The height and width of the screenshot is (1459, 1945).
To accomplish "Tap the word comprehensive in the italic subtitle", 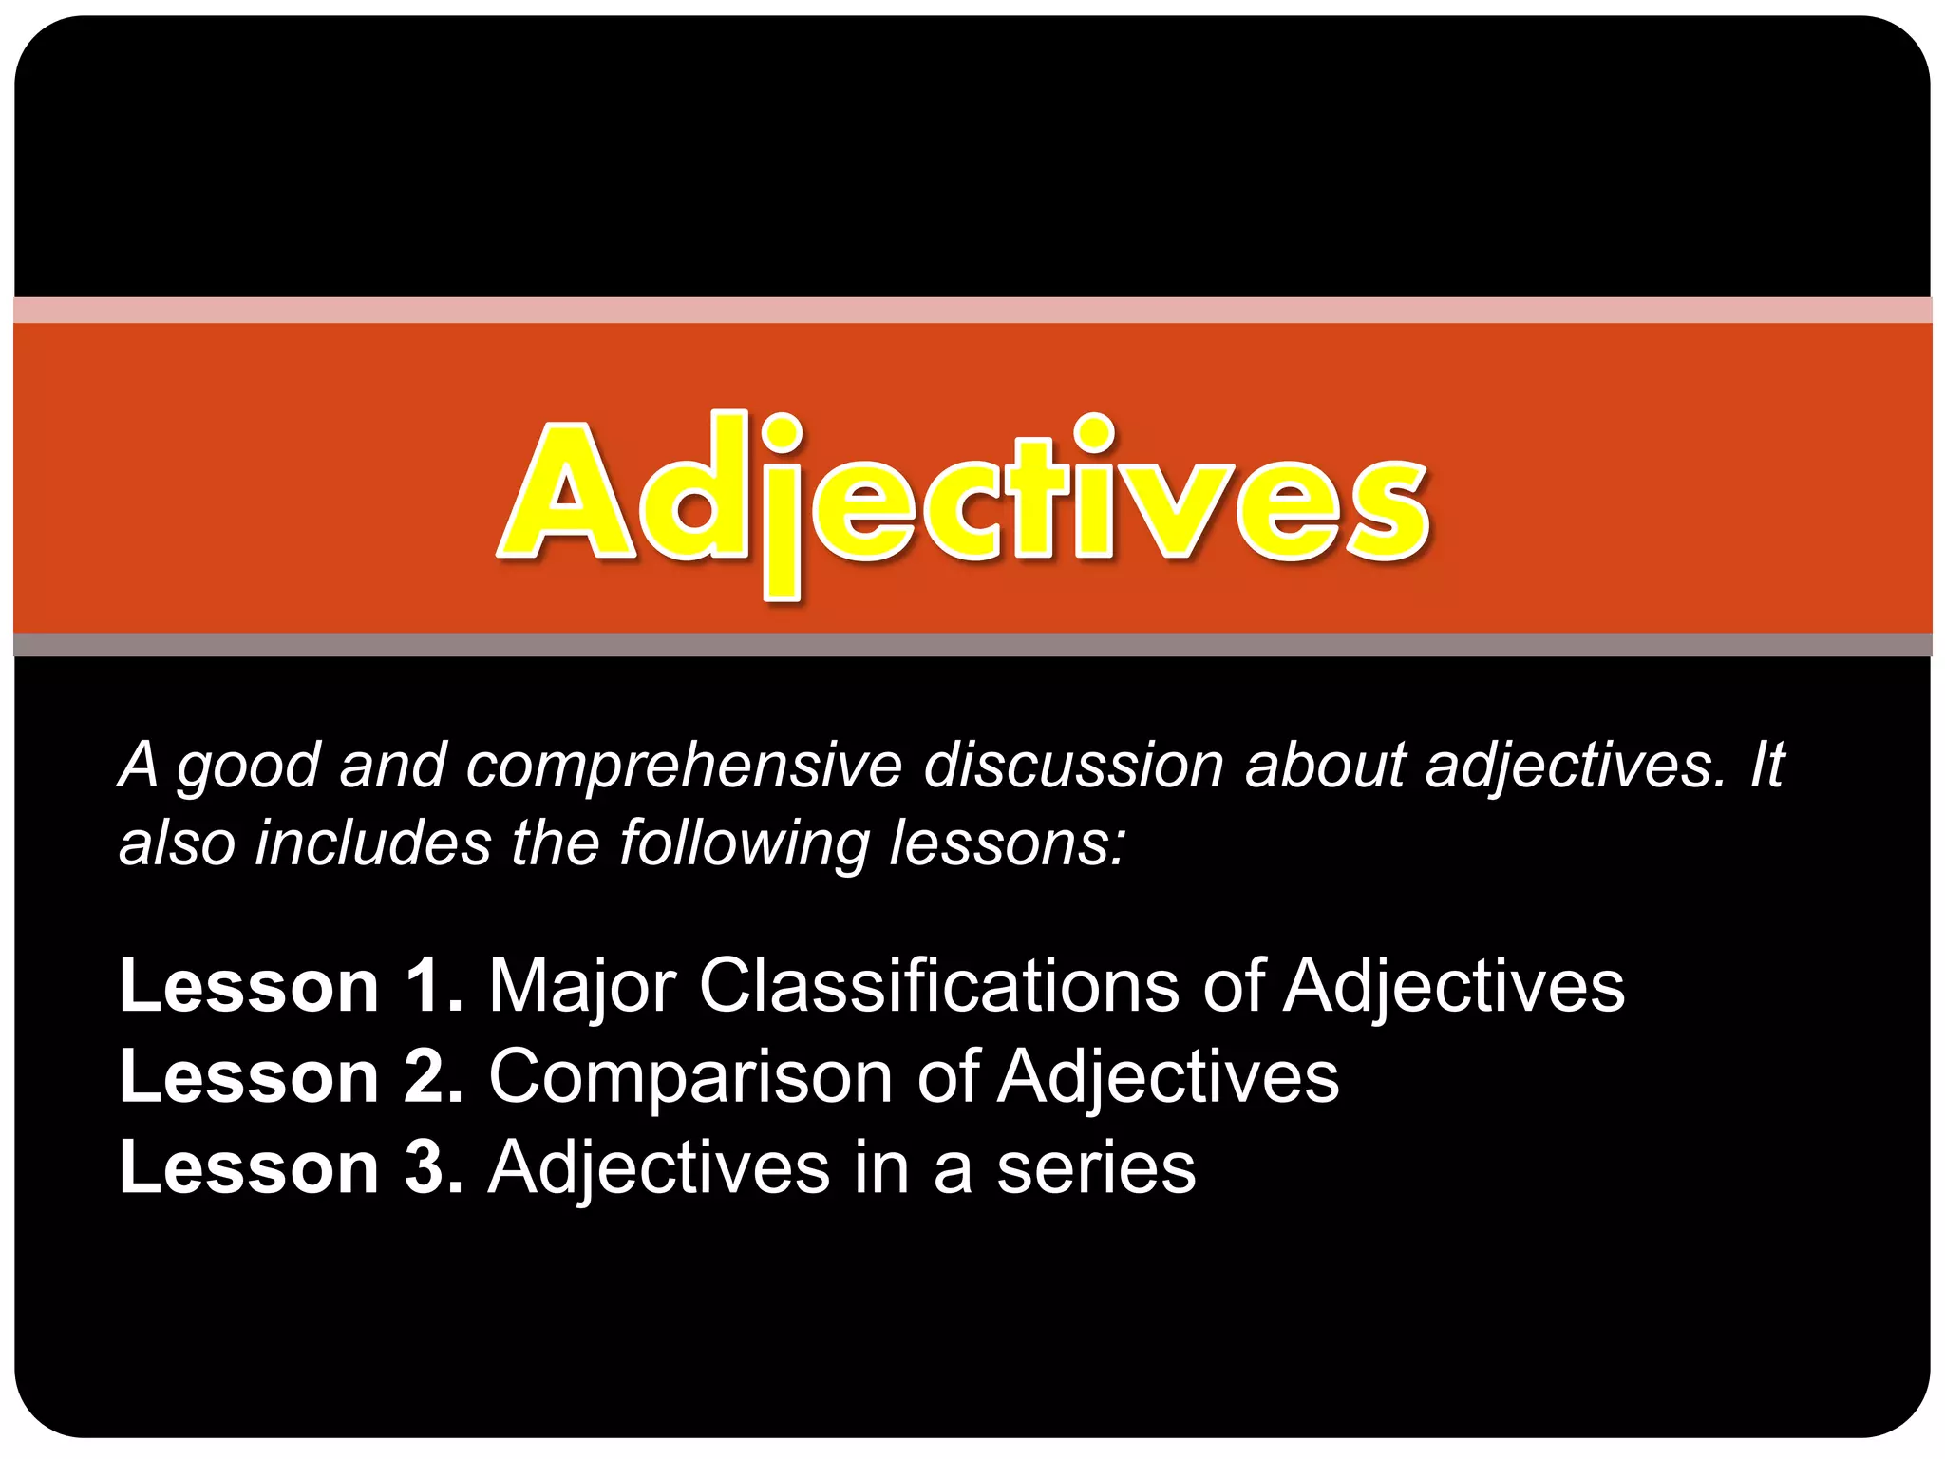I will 683,767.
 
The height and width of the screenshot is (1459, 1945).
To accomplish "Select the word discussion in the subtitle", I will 1073,765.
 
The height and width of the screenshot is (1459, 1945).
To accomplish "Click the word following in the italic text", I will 744,844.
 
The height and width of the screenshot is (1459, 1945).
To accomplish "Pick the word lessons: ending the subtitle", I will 1007,843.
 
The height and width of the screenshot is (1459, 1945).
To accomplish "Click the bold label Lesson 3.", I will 291,1167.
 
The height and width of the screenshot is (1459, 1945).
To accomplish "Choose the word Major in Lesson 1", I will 581,988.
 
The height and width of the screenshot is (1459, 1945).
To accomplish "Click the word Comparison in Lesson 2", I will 690,1078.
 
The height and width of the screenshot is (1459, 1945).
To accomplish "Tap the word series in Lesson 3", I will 1096,1169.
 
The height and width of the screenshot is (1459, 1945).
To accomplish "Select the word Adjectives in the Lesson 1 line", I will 1454,988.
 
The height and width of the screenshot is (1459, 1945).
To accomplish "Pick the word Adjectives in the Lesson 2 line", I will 1168,1078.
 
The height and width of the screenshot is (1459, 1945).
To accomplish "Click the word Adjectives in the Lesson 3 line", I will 658,1169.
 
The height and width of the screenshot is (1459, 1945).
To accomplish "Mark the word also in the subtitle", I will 177,843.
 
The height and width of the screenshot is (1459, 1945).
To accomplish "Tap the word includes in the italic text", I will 373,843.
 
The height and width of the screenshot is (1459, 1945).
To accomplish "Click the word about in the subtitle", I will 1324,765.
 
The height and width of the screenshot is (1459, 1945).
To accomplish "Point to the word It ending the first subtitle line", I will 1766,765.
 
